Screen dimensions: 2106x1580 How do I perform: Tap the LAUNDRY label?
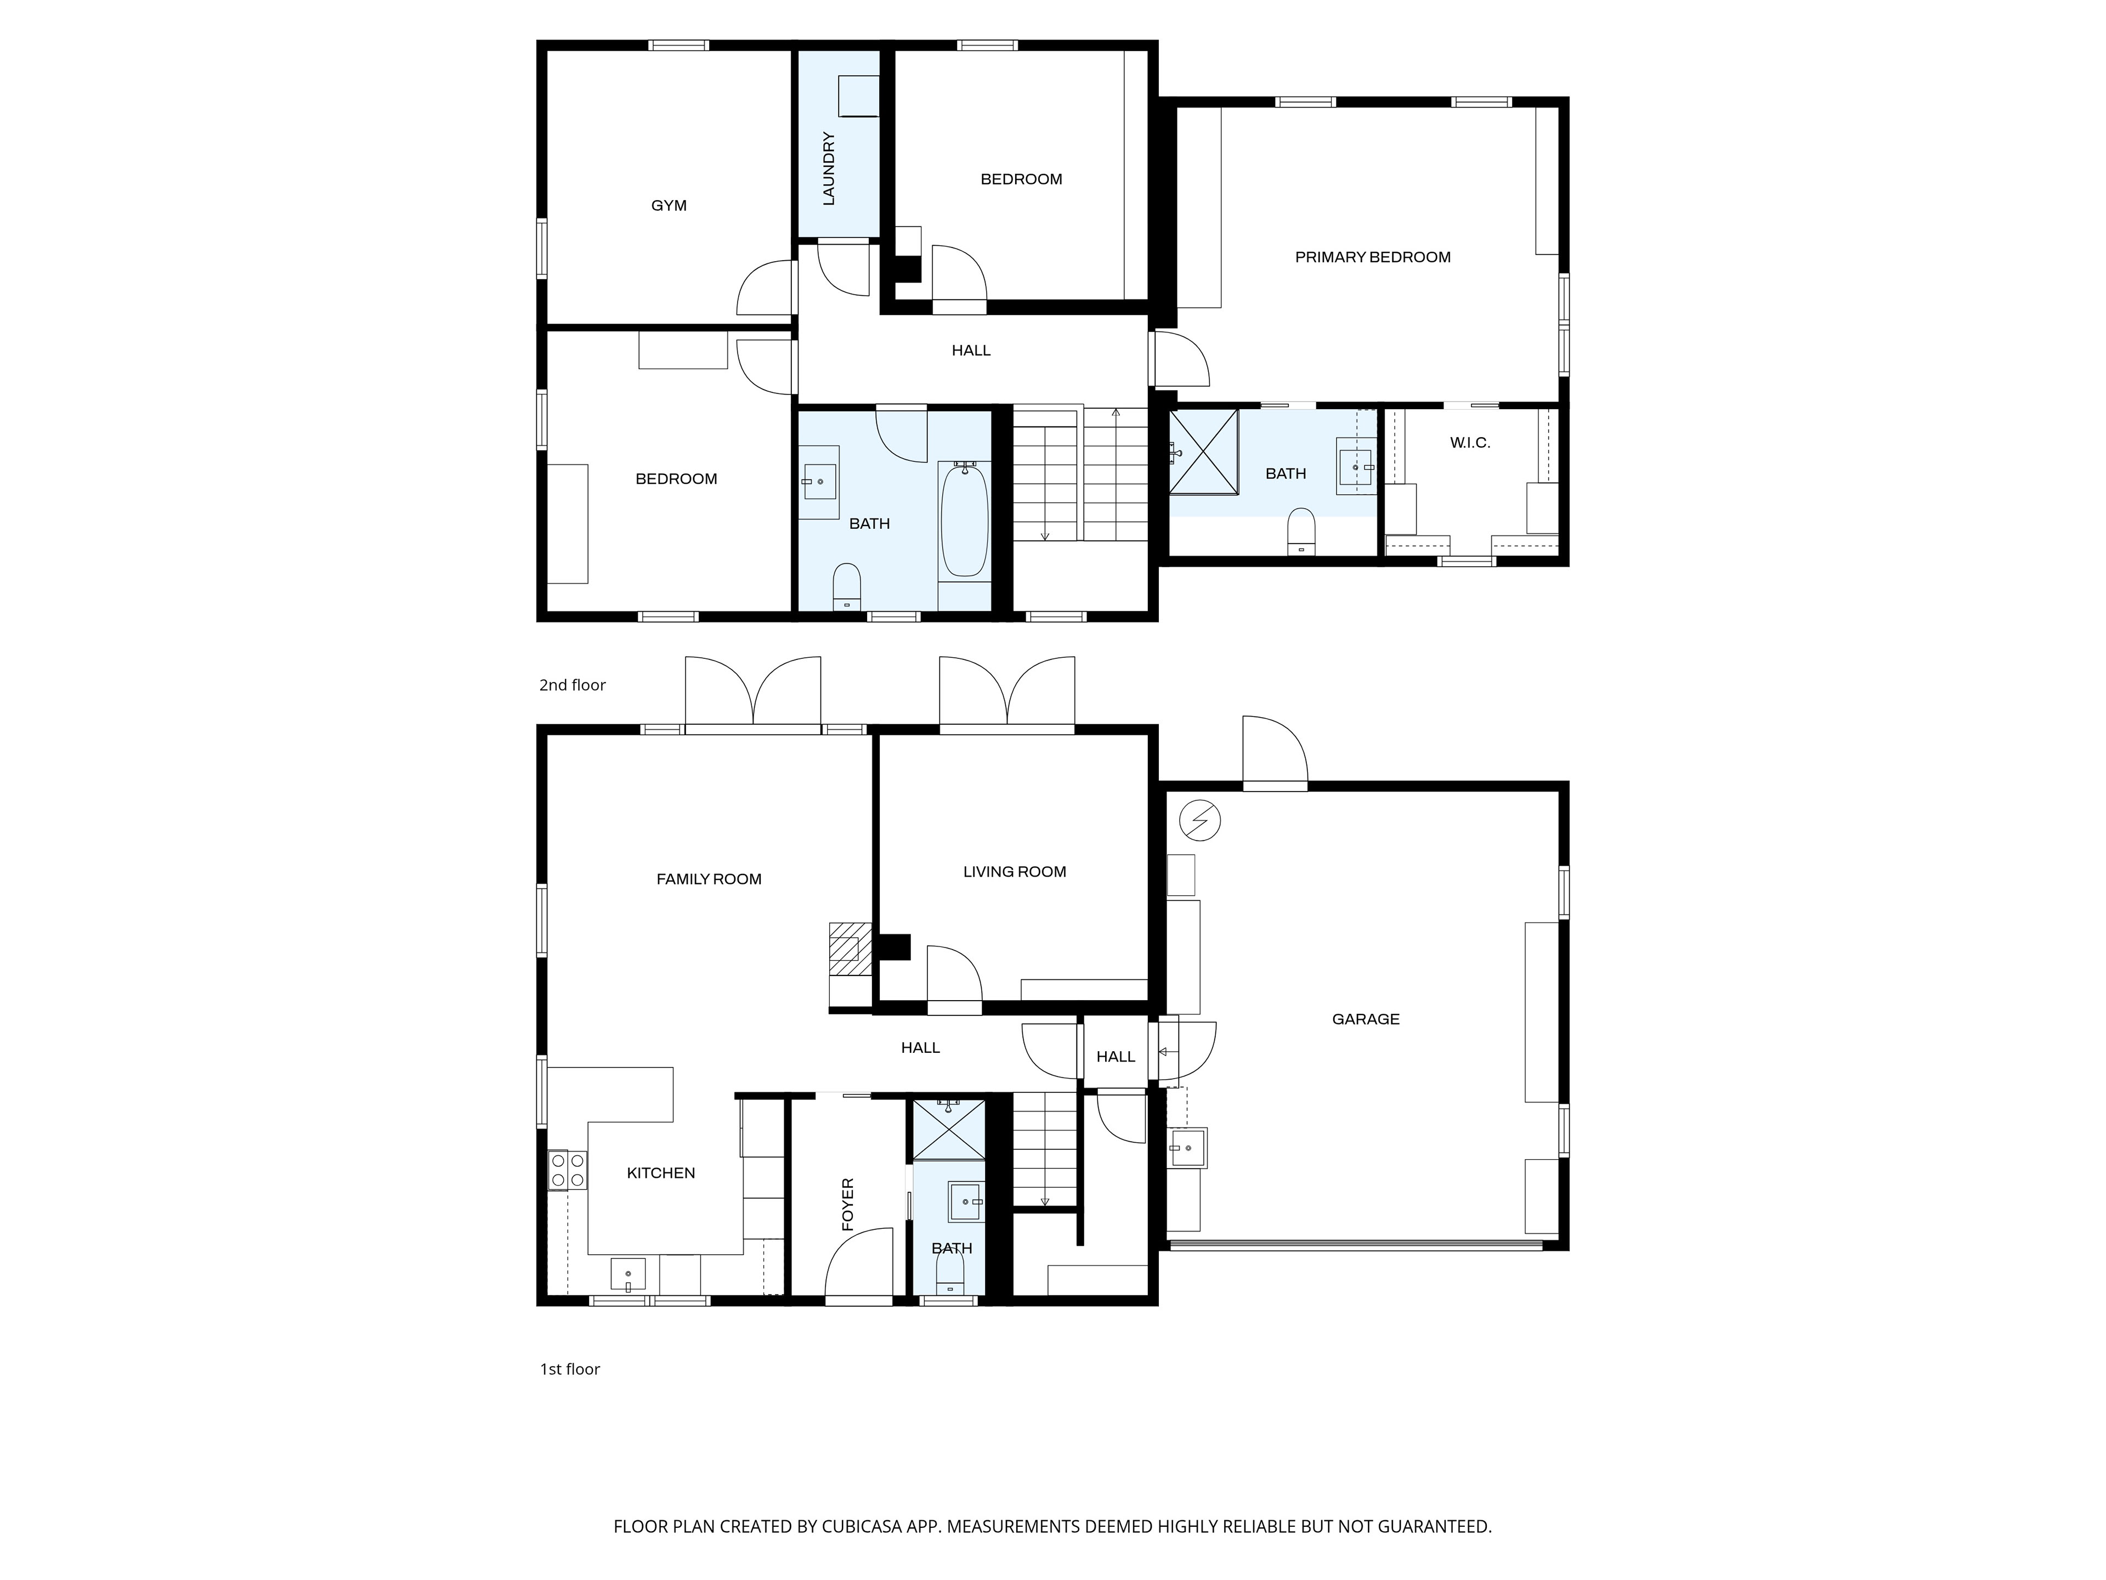828,168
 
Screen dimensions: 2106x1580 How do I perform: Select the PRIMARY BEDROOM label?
1372,257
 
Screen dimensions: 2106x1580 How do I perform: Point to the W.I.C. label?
1469,443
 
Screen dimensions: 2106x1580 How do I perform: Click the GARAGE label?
1365,1019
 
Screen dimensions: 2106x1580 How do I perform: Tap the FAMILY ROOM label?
709,879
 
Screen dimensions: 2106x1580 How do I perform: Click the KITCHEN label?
661,1173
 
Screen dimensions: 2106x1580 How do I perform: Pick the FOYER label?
847,1205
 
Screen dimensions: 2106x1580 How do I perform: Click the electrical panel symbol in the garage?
1199,820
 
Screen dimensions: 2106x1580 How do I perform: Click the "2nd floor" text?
572,685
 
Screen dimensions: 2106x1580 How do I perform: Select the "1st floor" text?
569,1369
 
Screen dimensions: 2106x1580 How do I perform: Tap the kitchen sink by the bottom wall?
627,1273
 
